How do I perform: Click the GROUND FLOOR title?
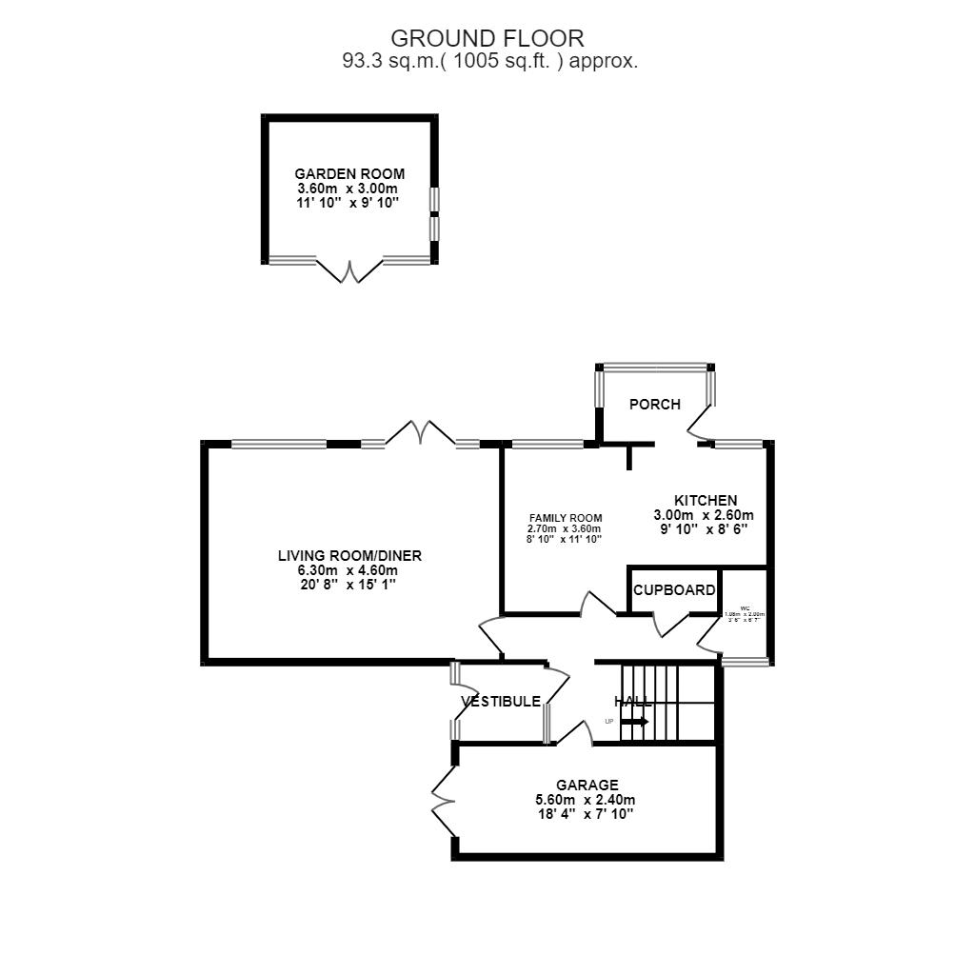tap(487, 38)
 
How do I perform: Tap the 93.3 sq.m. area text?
tap(489, 61)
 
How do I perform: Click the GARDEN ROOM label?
tap(349, 174)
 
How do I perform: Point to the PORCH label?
tap(655, 404)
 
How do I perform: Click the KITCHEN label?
tap(706, 500)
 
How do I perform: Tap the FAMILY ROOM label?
tap(566, 518)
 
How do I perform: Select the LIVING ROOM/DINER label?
tap(349, 556)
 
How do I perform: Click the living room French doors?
tap(420, 434)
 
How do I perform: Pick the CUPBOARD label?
tap(674, 590)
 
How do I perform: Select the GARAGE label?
tap(587, 785)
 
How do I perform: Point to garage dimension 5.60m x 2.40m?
tap(586, 800)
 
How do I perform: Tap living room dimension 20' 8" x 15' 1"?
tap(349, 585)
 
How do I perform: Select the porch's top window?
tap(654, 367)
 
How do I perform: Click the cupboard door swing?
tap(671, 625)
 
